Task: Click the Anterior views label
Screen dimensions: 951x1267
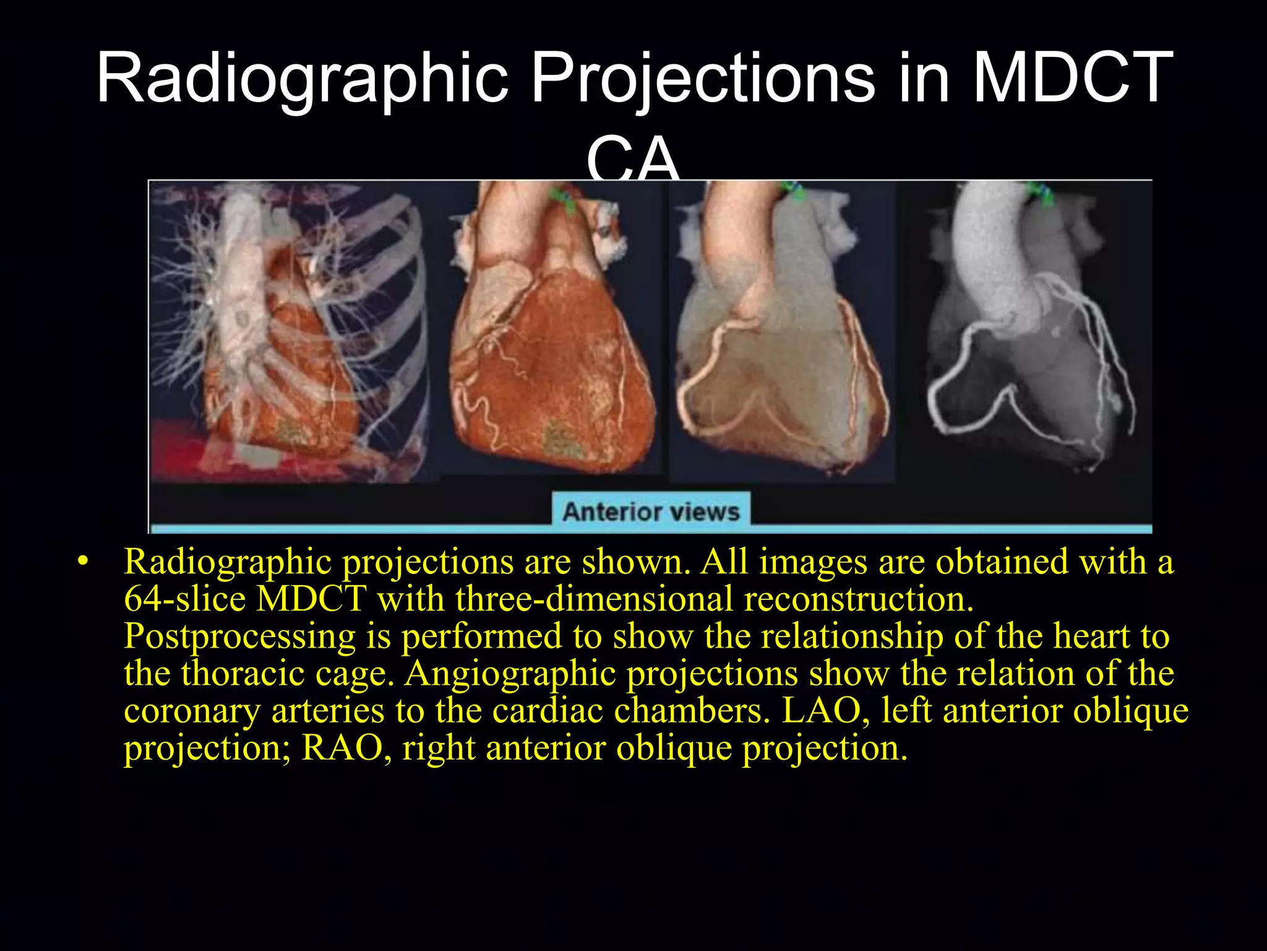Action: coord(651,512)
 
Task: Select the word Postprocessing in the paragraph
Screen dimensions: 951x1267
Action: coord(239,636)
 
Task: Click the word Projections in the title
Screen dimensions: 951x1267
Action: coord(703,79)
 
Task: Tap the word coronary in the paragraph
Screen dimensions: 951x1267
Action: coord(192,711)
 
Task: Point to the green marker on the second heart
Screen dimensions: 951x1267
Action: coord(564,198)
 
